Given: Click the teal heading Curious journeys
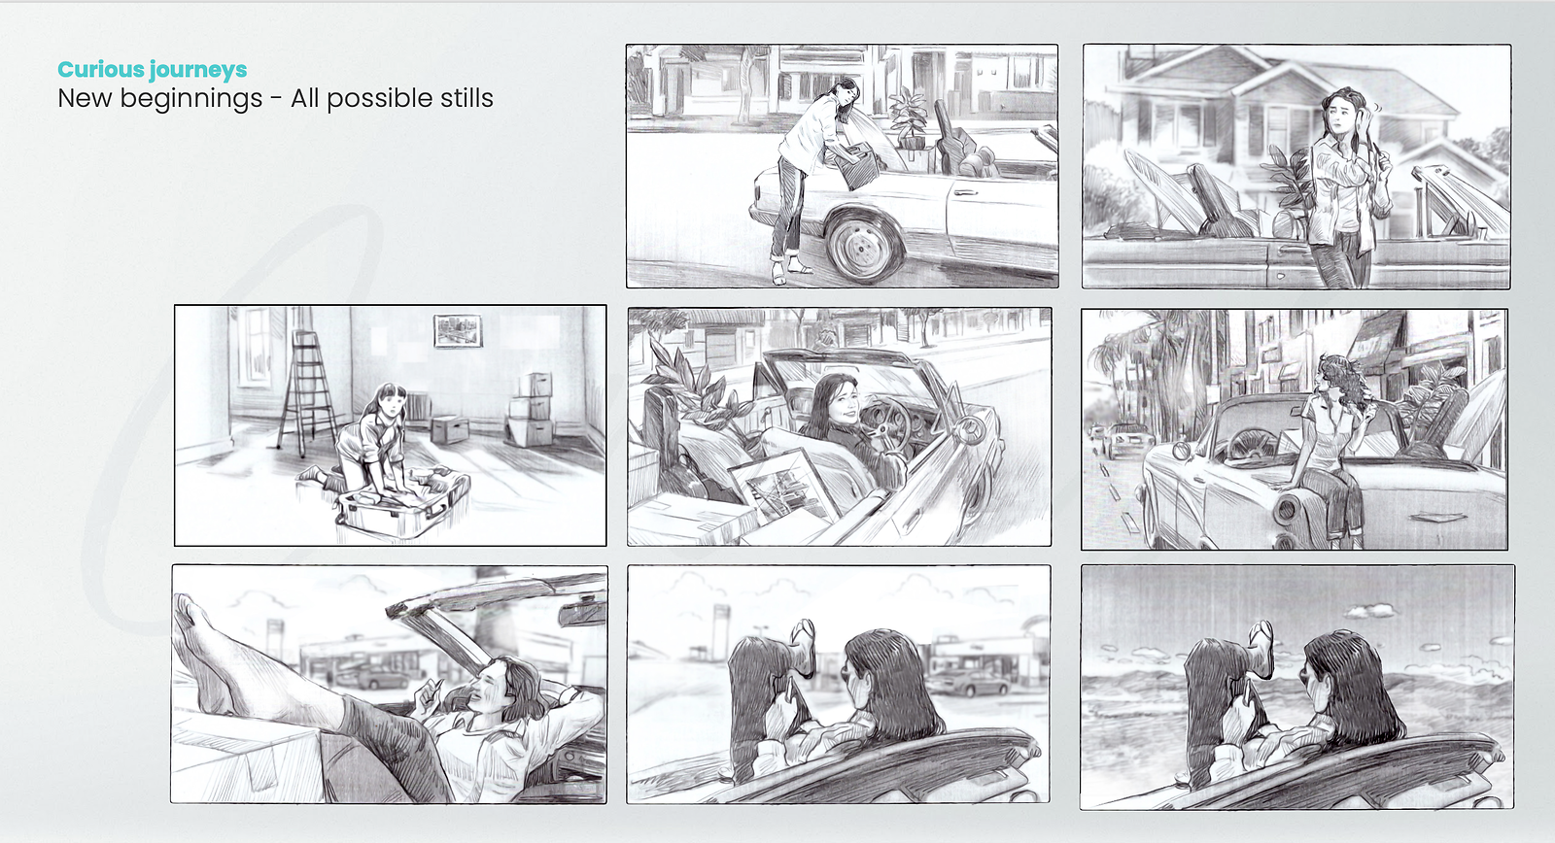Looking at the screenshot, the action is tap(152, 69).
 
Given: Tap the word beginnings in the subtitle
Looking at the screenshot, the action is tap(191, 99).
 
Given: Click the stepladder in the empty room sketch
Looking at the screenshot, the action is tap(305, 392).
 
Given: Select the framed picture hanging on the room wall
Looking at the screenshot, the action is tap(458, 330).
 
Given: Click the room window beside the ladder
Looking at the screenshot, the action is tap(255, 346).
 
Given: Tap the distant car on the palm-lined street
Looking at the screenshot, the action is tap(1127, 440).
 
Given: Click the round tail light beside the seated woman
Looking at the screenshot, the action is tap(1284, 510).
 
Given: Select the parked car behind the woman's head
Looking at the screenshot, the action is tap(969, 683).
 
